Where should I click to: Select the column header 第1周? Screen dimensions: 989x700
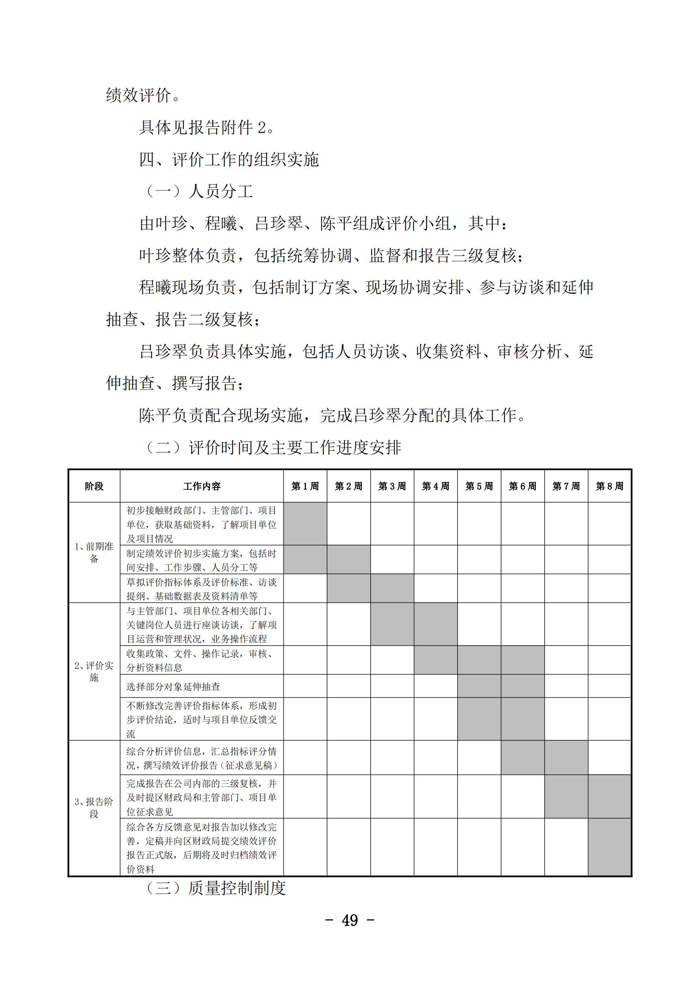pos(305,486)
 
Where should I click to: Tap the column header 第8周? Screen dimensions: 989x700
pos(609,486)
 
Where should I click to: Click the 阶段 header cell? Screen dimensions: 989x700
pos(94,486)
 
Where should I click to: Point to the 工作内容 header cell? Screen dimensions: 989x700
pos(202,486)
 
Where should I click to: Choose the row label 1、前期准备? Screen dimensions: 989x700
pos(94,552)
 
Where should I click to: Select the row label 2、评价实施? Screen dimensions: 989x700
pos(94,671)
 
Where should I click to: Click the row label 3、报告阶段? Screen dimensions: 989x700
pos(94,808)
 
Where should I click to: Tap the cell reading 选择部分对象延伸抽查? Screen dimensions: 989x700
pos(173,686)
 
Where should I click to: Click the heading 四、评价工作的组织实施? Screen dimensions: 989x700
pos(229,160)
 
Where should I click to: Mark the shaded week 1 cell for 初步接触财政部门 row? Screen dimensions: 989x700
pos(305,524)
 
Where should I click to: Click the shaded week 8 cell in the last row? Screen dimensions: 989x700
pos(609,847)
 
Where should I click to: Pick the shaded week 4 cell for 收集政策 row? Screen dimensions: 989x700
pos(436,660)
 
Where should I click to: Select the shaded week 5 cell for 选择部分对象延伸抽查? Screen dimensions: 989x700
pos(480,686)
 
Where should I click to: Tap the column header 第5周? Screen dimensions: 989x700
pos(480,486)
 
